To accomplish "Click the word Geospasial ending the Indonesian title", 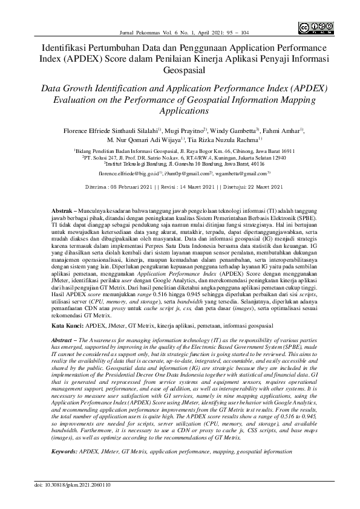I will click(x=180, y=70).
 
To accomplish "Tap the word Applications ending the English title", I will click(x=180, y=111).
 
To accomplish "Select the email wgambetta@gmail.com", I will click(x=245, y=173).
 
